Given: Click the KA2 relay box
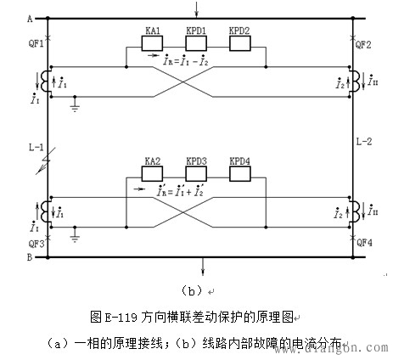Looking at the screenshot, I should coord(153,173).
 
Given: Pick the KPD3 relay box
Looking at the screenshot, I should coord(197,173).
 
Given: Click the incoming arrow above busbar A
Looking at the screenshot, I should coord(197,9).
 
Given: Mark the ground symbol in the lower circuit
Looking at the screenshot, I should coord(75,238).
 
